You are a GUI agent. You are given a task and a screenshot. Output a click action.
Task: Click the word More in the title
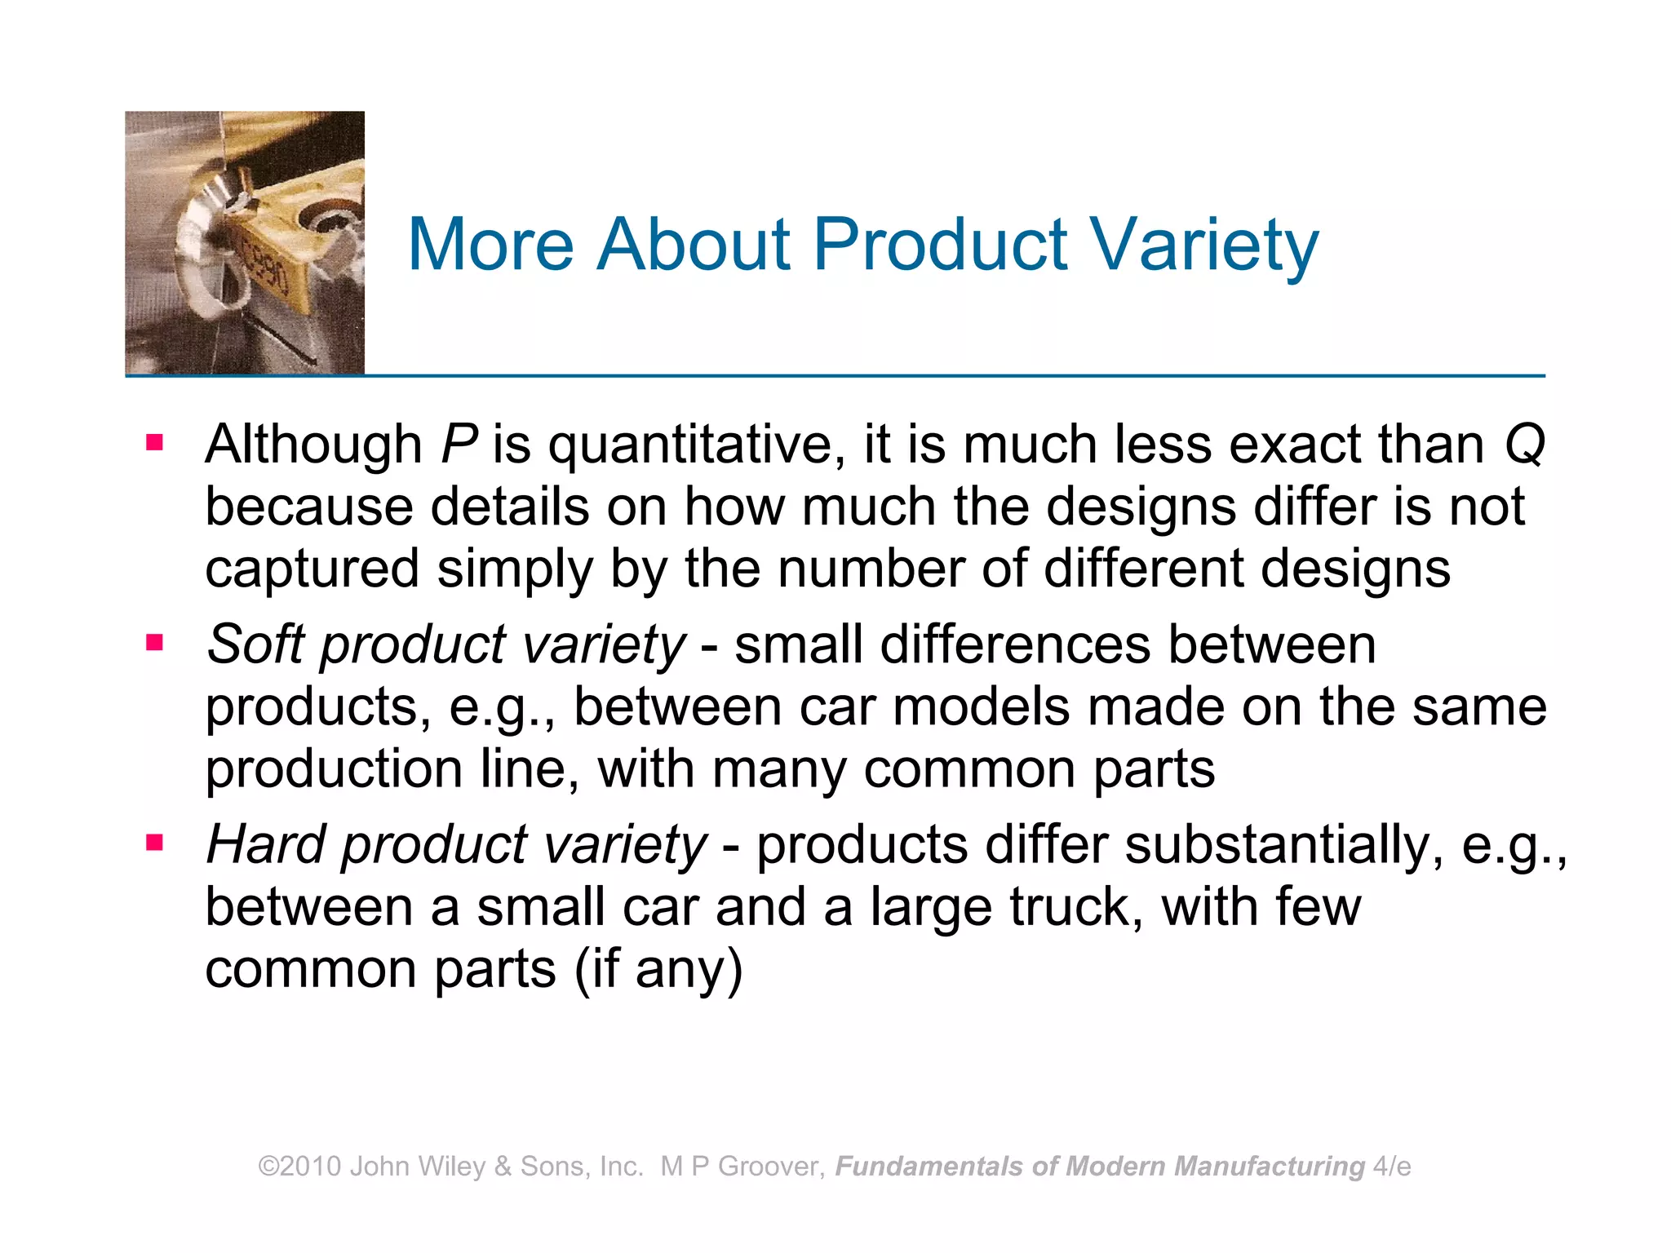point(490,245)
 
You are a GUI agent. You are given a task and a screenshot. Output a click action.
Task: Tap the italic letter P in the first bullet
point(458,445)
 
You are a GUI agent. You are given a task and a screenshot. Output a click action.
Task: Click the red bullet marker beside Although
point(154,443)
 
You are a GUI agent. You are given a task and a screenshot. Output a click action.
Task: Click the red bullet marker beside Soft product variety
point(154,643)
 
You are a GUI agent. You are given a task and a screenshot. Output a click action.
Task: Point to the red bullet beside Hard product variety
point(154,842)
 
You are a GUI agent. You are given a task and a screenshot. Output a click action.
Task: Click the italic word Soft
point(255,644)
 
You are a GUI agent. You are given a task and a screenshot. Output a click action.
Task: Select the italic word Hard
point(266,844)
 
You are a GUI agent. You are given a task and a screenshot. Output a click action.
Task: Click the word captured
point(312,570)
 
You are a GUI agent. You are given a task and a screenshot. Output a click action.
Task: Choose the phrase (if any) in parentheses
point(658,971)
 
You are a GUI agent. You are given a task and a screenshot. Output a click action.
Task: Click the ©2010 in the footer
point(299,1167)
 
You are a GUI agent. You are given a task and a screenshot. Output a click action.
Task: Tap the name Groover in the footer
point(771,1167)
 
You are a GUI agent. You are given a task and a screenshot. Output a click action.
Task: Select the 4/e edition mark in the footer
point(1392,1167)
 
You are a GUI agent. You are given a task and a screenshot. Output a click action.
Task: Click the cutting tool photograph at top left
point(245,243)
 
